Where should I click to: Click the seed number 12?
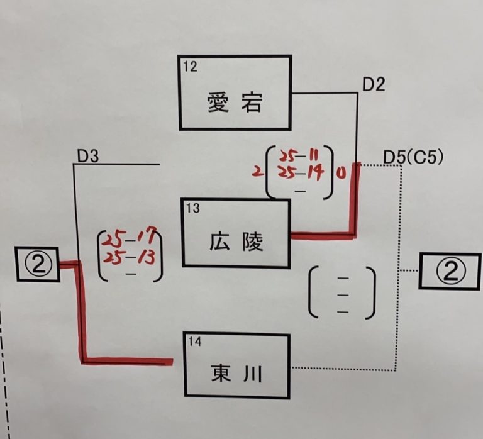coord(190,67)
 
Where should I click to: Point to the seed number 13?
coord(193,208)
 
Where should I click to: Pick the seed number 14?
coord(195,342)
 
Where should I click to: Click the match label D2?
coord(374,84)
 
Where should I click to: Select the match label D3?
coord(88,156)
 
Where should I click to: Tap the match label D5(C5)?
coord(413,157)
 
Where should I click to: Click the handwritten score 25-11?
coord(299,156)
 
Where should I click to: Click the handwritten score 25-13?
coord(129,258)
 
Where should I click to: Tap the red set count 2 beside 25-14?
coord(257,172)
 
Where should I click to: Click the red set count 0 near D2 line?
coord(340,174)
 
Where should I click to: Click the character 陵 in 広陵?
coord(253,242)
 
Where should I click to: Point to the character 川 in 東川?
coord(252,374)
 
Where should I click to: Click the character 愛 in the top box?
coord(218,103)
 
